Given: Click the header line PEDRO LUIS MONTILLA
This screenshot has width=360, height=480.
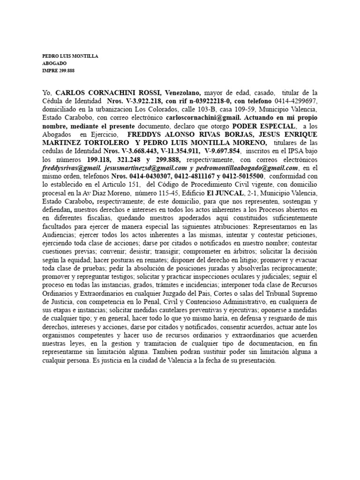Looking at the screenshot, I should click(70, 56).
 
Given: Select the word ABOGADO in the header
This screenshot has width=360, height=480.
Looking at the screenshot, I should click(54, 63).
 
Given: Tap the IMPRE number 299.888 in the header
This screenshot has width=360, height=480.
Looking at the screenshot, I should click(65, 71).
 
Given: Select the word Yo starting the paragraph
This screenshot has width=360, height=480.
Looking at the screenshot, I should click(47, 93).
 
